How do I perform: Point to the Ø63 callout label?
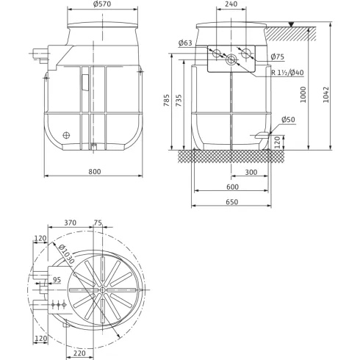coord(186,43)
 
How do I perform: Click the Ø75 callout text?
coord(277,57)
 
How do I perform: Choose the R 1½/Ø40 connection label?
coord(287,72)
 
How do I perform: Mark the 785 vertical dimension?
coord(168,98)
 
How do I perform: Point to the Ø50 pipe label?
coord(288,119)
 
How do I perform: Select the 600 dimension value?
coord(232,187)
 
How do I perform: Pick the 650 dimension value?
coord(232,201)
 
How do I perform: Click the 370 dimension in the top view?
coord(71,223)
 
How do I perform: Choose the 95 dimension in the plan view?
coord(57,280)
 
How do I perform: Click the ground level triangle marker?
coord(292,25)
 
